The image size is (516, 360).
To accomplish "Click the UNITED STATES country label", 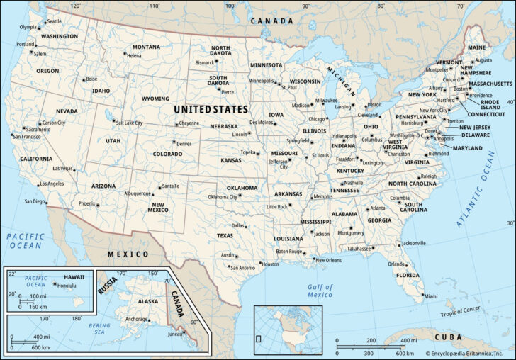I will tap(211, 110).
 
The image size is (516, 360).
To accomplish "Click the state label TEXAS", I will tap(225, 235).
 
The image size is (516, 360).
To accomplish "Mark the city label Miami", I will tap(431, 296).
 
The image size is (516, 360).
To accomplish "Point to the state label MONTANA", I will tap(146, 47).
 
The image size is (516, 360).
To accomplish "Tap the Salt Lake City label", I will tap(130, 123).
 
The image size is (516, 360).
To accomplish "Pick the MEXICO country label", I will tap(128, 254).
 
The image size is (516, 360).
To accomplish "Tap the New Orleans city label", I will tap(329, 260).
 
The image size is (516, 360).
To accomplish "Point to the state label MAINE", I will tap(476, 47).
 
